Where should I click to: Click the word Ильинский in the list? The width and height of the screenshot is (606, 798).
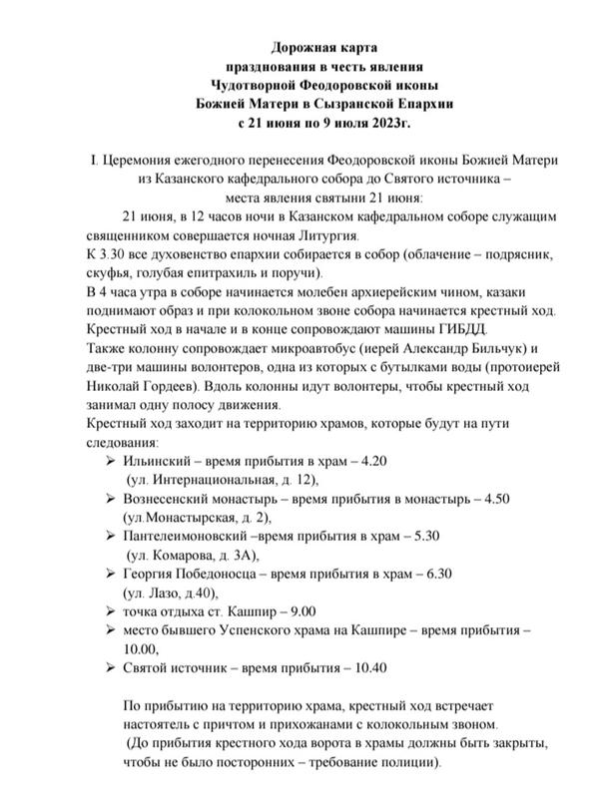pyautogui.click(x=155, y=463)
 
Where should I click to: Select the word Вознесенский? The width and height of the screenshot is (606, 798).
pyautogui.click(x=174, y=501)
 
